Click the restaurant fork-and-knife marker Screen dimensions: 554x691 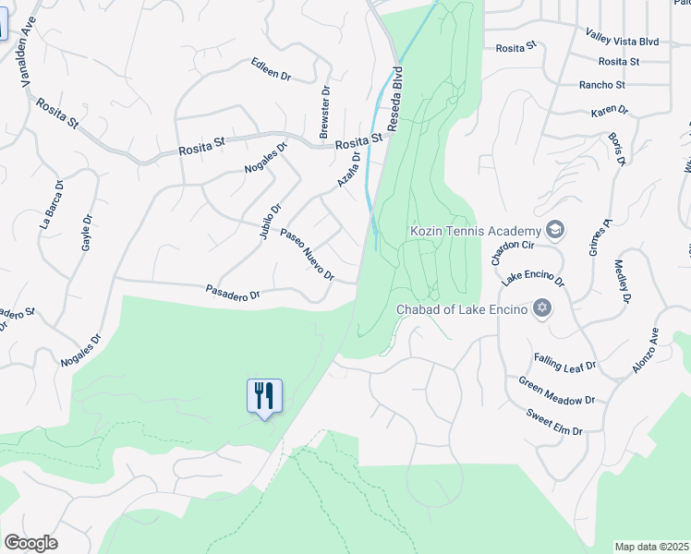[x=264, y=396]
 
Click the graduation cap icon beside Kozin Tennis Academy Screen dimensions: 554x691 [x=554, y=229]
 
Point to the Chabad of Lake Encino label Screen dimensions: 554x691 [x=462, y=308]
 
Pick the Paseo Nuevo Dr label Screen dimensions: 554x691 [x=307, y=256]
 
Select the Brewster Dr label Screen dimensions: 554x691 [x=324, y=114]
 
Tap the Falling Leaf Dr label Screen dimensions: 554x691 [x=564, y=363]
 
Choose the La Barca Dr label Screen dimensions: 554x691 [x=52, y=204]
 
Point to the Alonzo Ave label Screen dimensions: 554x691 [x=645, y=351]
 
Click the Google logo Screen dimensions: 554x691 [x=30, y=543]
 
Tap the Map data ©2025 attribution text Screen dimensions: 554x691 [x=652, y=547]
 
